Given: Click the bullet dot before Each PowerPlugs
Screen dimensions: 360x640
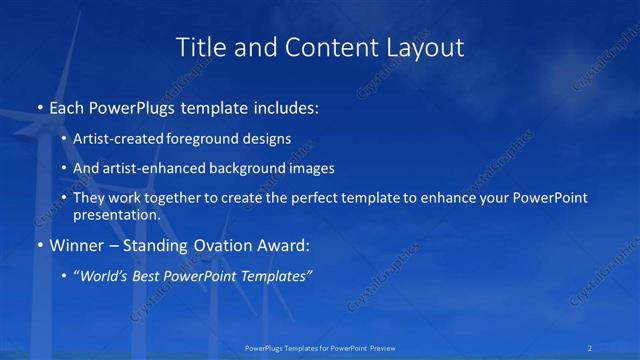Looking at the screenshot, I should point(38,106).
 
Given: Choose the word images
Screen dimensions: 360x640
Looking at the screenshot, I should point(312,169).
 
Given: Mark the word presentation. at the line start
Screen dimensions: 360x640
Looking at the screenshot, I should point(117,214).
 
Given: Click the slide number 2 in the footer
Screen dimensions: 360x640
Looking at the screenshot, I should point(590,348).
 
